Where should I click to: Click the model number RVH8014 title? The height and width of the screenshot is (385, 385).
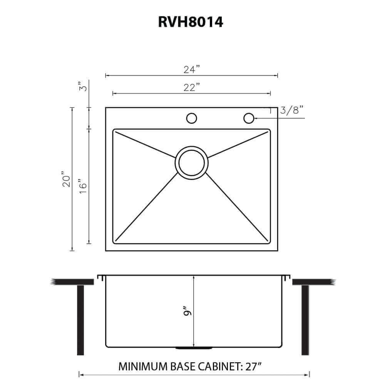coord(191,22)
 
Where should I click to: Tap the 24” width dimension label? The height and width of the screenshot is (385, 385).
coord(192,70)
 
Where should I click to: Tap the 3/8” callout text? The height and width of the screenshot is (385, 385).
coord(292,110)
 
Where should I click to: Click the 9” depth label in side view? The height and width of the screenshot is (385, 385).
coord(187,311)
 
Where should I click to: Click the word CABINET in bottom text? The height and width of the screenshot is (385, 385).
coord(216,366)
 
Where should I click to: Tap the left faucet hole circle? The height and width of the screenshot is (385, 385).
coord(191,118)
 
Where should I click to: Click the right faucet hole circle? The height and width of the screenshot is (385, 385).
coord(249,118)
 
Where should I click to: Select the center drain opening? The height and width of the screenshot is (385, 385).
coord(191,162)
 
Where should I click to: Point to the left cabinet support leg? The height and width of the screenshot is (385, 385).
coord(80,320)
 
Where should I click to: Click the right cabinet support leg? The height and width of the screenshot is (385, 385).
coord(305,320)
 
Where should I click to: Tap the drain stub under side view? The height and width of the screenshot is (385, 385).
coord(194,348)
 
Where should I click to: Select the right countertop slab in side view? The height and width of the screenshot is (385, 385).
coord(312,282)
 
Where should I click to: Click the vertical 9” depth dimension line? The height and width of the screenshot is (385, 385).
coord(194,293)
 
